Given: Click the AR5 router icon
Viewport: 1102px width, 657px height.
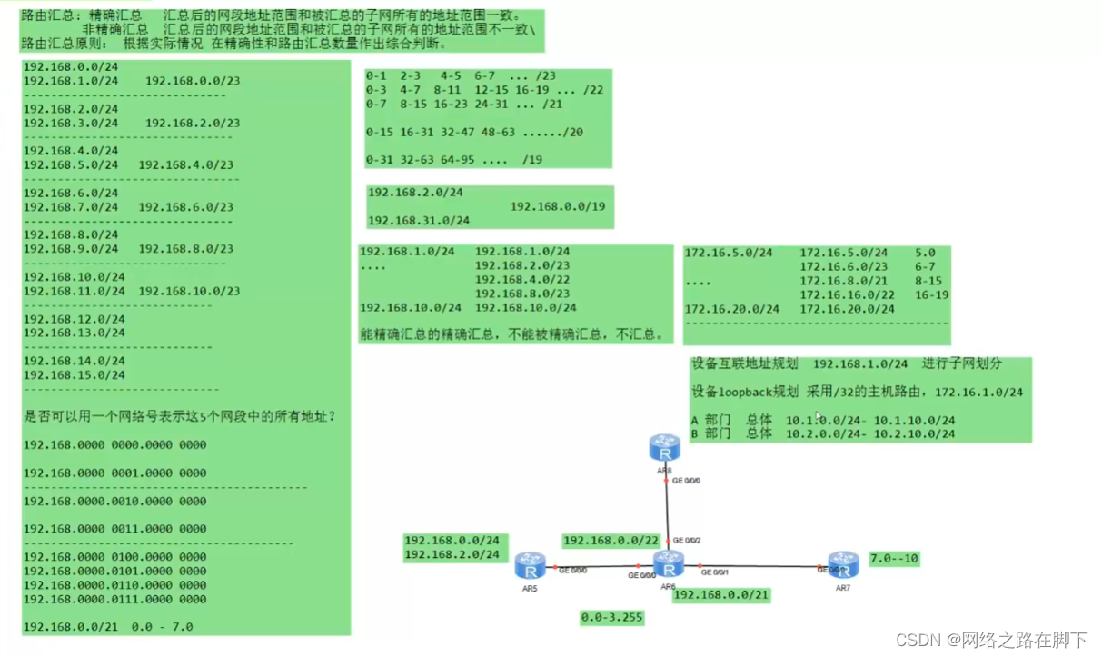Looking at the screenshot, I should tap(528, 566).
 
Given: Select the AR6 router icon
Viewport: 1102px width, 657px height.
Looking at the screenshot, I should tap(669, 564).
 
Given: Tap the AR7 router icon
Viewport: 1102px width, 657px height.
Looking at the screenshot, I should tap(843, 564).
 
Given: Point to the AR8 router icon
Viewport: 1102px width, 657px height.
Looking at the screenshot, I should tap(665, 447).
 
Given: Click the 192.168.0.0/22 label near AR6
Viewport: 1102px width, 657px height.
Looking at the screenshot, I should tap(610, 541).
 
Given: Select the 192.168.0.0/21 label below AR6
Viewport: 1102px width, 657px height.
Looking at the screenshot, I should tap(721, 594).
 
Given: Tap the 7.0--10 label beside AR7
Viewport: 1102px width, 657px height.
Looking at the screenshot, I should tap(894, 558).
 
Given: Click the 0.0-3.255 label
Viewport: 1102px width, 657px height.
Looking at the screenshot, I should tap(611, 618).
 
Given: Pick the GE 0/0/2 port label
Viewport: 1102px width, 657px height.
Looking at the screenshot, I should tap(687, 540).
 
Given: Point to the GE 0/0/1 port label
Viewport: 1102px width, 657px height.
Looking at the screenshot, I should tap(714, 573).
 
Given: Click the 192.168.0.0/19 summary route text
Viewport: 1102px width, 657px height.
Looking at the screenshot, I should tap(557, 206).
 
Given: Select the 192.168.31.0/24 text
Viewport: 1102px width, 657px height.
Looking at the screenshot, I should tap(419, 221).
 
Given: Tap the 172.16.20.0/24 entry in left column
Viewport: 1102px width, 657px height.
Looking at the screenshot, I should tap(731, 309).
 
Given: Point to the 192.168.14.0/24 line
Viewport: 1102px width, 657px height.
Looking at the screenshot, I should tap(74, 361).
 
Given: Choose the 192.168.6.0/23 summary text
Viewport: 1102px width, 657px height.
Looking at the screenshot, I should tap(185, 207).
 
